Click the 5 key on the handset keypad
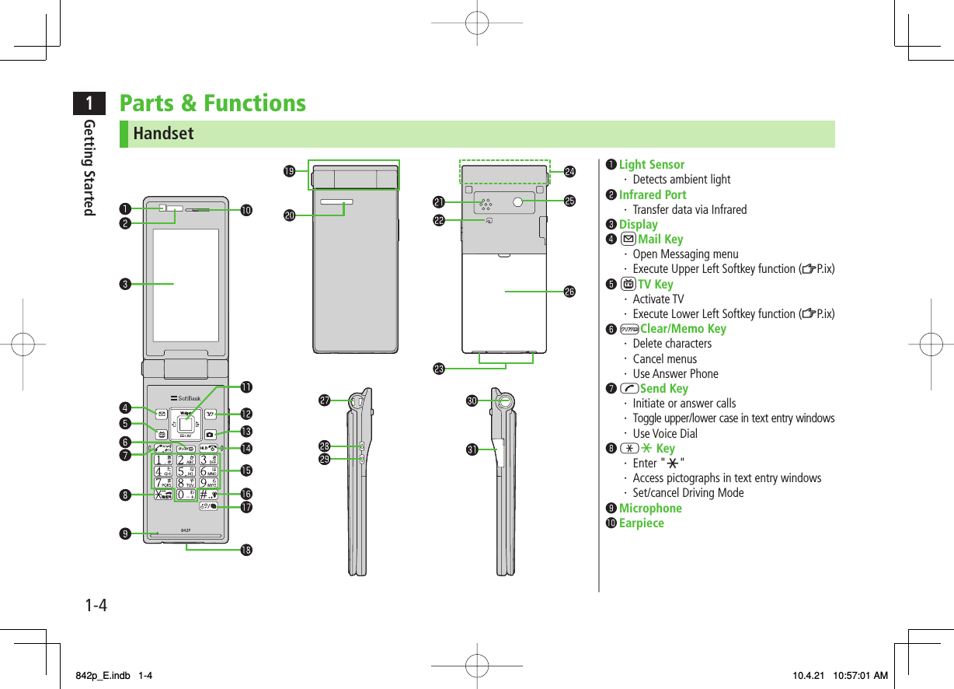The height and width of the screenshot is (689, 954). tap(185, 470)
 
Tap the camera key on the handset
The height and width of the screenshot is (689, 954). tap(210, 433)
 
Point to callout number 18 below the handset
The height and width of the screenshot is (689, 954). tap(246, 550)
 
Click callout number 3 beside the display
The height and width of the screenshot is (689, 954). tap(124, 283)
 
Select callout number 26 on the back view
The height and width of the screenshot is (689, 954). tap(569, 291)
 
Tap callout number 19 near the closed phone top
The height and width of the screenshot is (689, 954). tap(288, 170)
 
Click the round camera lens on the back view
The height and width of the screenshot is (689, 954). tap(517, 201)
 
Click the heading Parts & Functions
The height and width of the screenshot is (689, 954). tap(212, 103)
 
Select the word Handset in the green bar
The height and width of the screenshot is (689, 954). tap(163, 134)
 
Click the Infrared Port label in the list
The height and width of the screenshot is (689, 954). tap(652, 194)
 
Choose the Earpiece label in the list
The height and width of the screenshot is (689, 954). tap(641, 523)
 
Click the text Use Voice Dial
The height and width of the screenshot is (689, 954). tap(664, 433)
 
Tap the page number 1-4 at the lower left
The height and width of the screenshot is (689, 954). tap(96, 603)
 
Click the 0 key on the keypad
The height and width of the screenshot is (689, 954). tap(185, 494)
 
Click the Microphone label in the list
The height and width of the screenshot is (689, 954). tap(649, 508)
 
